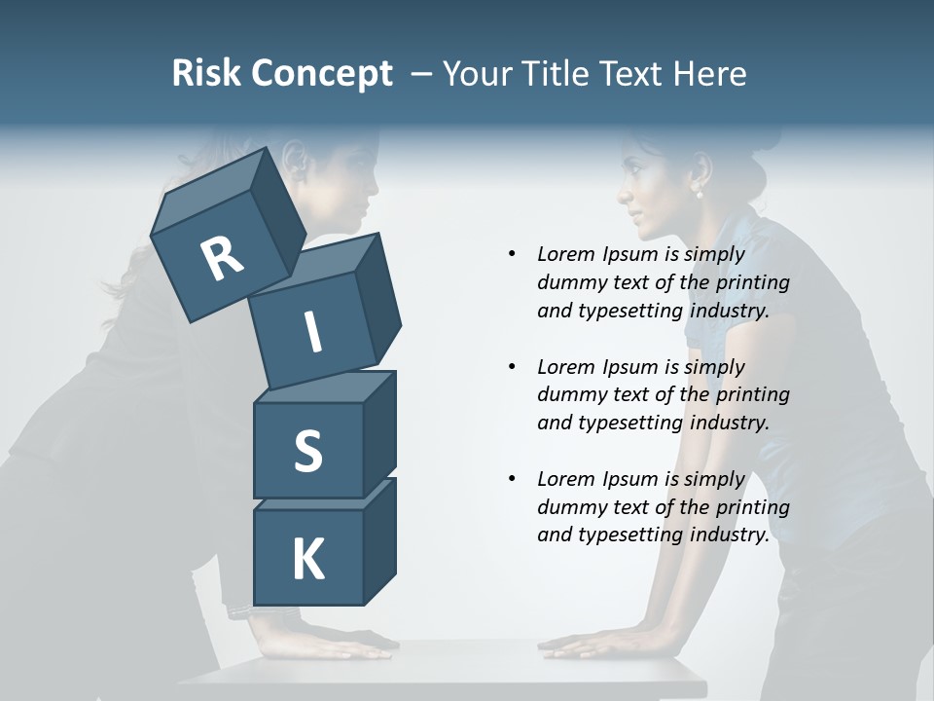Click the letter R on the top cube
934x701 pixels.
(222, 258)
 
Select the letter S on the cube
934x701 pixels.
(307, 451)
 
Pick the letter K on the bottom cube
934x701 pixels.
(307, 560)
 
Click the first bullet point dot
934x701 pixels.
(512, 254)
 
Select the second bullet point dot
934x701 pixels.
(512, 367)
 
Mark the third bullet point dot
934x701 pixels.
(512, 479)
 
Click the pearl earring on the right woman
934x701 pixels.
(699, 194)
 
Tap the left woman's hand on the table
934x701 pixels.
(341, 646)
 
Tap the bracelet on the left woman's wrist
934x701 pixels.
(241, 611)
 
